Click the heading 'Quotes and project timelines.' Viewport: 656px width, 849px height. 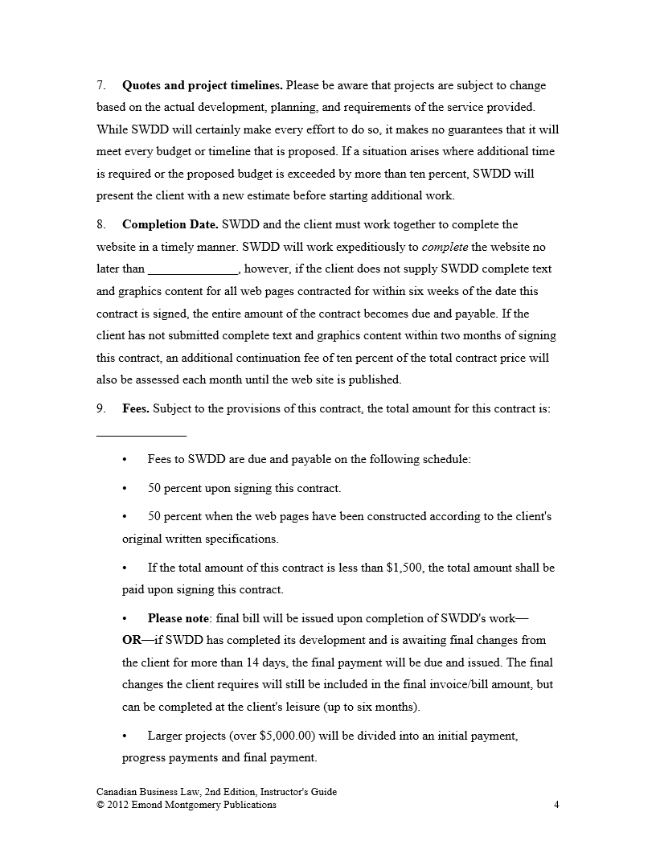(202, 85)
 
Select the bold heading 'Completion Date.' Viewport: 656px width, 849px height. (170, 224)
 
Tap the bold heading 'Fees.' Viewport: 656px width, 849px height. (135, 408)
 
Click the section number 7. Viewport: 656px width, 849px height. (101, 85)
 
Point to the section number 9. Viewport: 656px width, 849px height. (101, 408)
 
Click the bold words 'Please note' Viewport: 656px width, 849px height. (177, 619)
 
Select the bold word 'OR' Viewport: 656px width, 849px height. (131, 641)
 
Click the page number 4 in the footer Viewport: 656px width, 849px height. (556, 805)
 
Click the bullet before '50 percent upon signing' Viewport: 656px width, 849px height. (125, 489)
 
